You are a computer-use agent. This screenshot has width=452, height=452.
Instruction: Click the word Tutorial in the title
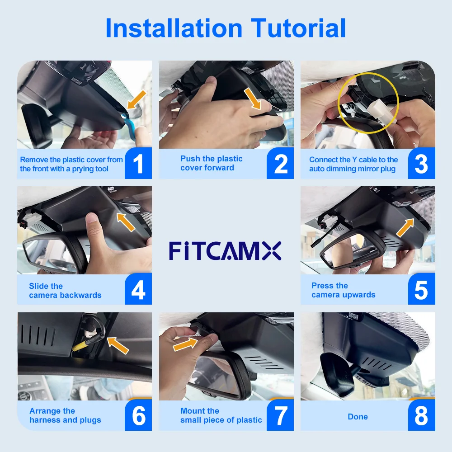299,28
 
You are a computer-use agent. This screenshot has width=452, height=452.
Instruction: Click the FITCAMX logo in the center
225,250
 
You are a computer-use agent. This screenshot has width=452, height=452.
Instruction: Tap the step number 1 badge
138,164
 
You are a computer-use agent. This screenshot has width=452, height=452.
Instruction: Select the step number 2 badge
280,164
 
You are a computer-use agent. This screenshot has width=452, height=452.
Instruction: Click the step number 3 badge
421,164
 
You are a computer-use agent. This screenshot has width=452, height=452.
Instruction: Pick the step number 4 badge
138,290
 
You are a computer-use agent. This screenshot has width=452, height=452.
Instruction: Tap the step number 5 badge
421,290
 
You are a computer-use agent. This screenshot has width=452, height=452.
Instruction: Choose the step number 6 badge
138,415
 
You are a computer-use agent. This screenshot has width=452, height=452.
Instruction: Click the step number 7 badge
280,415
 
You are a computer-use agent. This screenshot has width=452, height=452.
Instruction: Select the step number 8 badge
421,415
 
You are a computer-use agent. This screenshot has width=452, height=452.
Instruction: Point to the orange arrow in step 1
137,99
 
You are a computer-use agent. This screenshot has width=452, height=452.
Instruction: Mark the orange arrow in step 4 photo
126,222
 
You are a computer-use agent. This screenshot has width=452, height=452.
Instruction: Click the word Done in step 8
358,417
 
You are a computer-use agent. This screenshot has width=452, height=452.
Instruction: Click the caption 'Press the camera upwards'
343,290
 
